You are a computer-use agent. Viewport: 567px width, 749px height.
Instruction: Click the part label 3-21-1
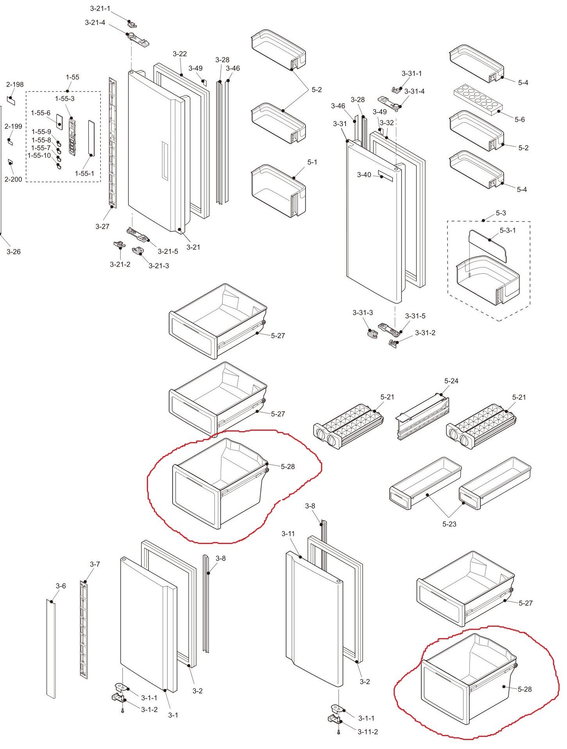point(100,9)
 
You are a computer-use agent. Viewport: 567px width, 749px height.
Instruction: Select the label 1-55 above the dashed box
point(72,77)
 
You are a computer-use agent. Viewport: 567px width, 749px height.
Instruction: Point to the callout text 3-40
point(364,175)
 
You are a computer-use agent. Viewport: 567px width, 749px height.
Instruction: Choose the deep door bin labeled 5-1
point(278,191)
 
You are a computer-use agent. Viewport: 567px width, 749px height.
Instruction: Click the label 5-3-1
point(508,230)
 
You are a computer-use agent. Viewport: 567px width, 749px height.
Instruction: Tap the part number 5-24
point(451,381)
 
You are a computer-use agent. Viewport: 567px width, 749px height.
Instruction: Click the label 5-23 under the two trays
point(449,524)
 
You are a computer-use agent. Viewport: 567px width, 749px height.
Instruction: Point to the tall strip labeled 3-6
point(51,648)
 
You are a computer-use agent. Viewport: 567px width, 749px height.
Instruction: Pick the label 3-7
point(95,564)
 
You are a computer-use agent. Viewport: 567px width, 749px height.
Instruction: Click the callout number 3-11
point(288,533)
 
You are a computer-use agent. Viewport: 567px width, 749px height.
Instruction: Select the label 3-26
point(13,252)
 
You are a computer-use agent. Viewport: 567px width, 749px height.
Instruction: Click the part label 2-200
point(13,179)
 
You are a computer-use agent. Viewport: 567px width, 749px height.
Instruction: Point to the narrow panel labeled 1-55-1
point(91,139)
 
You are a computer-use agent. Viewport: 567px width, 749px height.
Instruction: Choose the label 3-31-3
point(362,312)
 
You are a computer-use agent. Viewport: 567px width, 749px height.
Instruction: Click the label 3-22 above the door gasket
point(180,54)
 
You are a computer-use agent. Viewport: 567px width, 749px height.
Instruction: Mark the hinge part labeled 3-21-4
point(139,39)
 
